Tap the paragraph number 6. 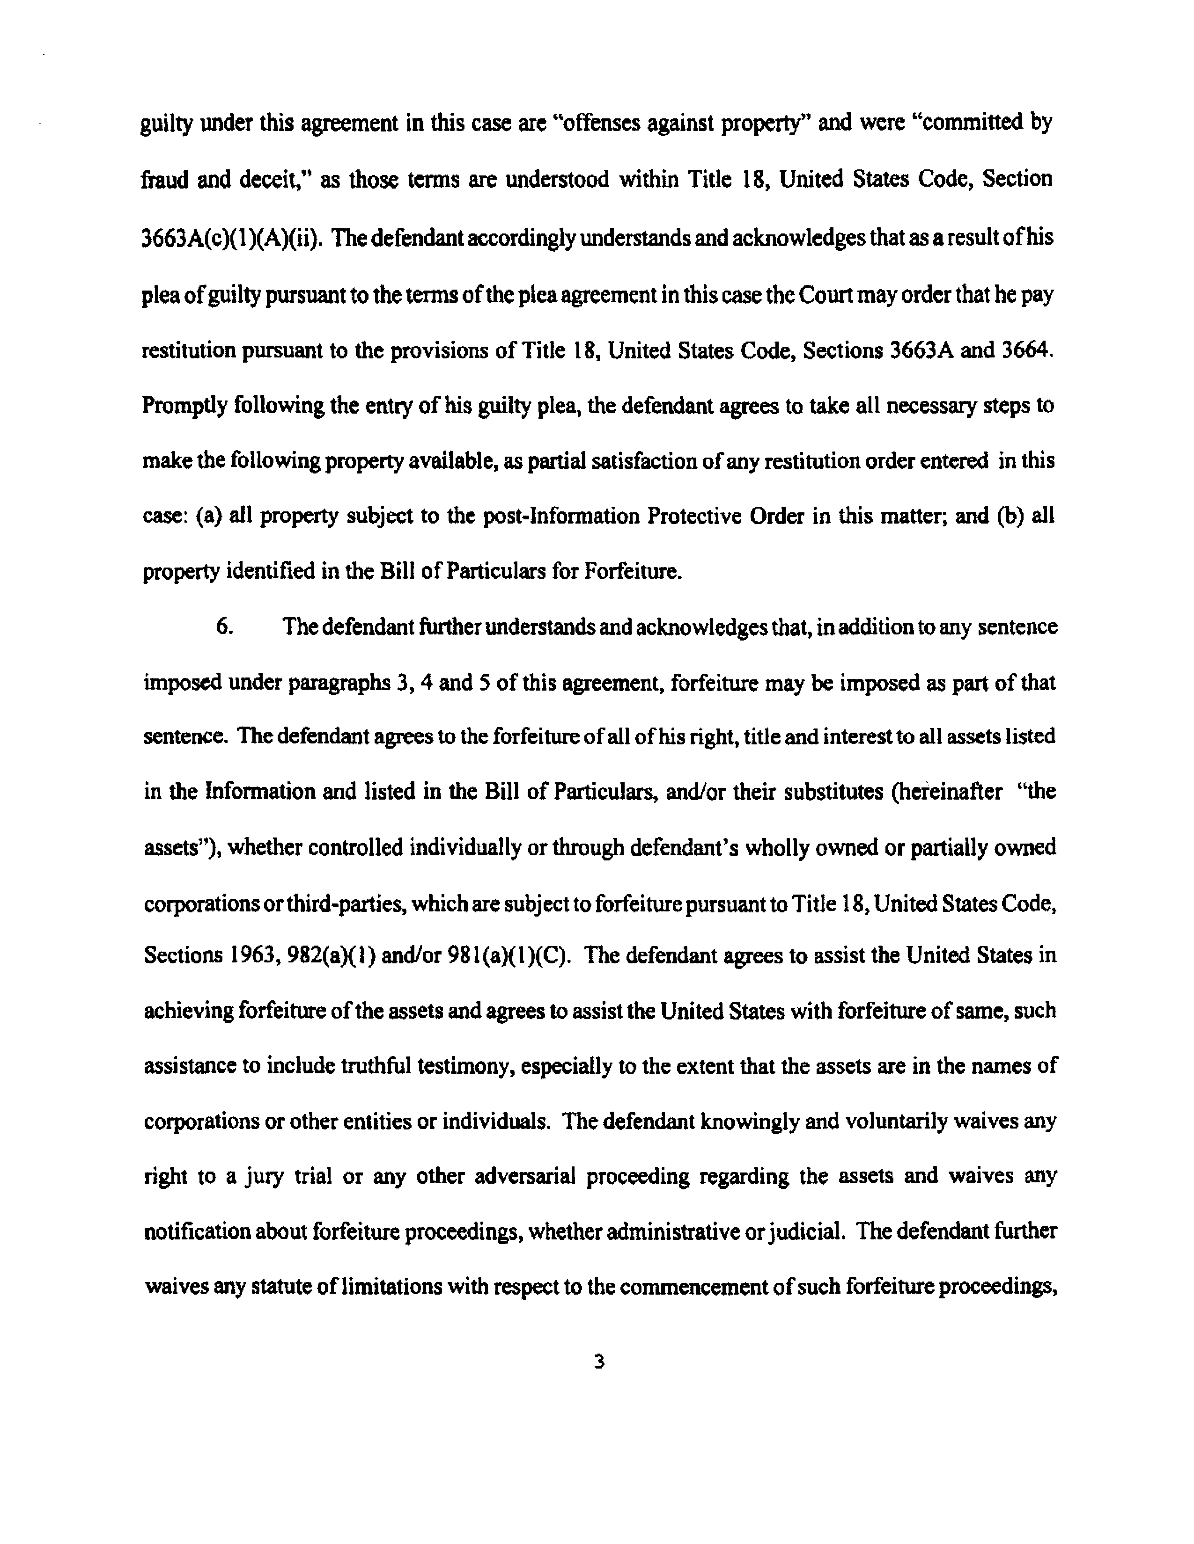(224, 627)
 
